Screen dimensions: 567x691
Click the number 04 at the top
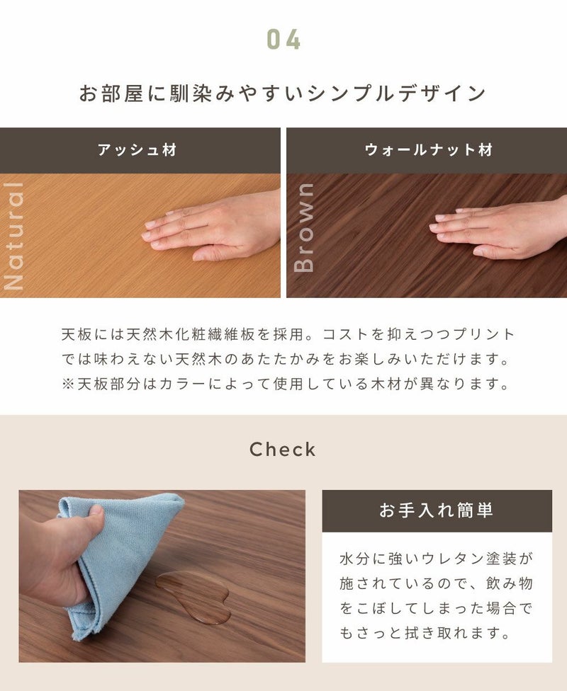pyautogui.click(x=283, y=40)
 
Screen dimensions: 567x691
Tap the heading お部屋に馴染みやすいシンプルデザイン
pyautogui.click(x=283, y=93)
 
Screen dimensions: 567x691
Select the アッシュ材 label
pyautogui.click(x=137, y=150)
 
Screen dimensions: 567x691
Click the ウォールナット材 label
pyautogui.click(x=429, y=150)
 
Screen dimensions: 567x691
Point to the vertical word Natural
pyautogui.click(x=13, y=236)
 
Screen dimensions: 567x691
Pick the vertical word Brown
pyautogui.click(x=303, y=228)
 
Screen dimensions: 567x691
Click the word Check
pyautogui.click(x=283, y=450)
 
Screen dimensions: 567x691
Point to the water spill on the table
pyautogui.click(x=194, y=595)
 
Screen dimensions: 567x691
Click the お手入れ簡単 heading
pyautogui.click(x=437, y=510)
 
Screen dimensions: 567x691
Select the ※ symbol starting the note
pyautogui.click(x=68, y=384)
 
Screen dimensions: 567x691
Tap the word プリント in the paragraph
pyautogui.click(x=484, y=334)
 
